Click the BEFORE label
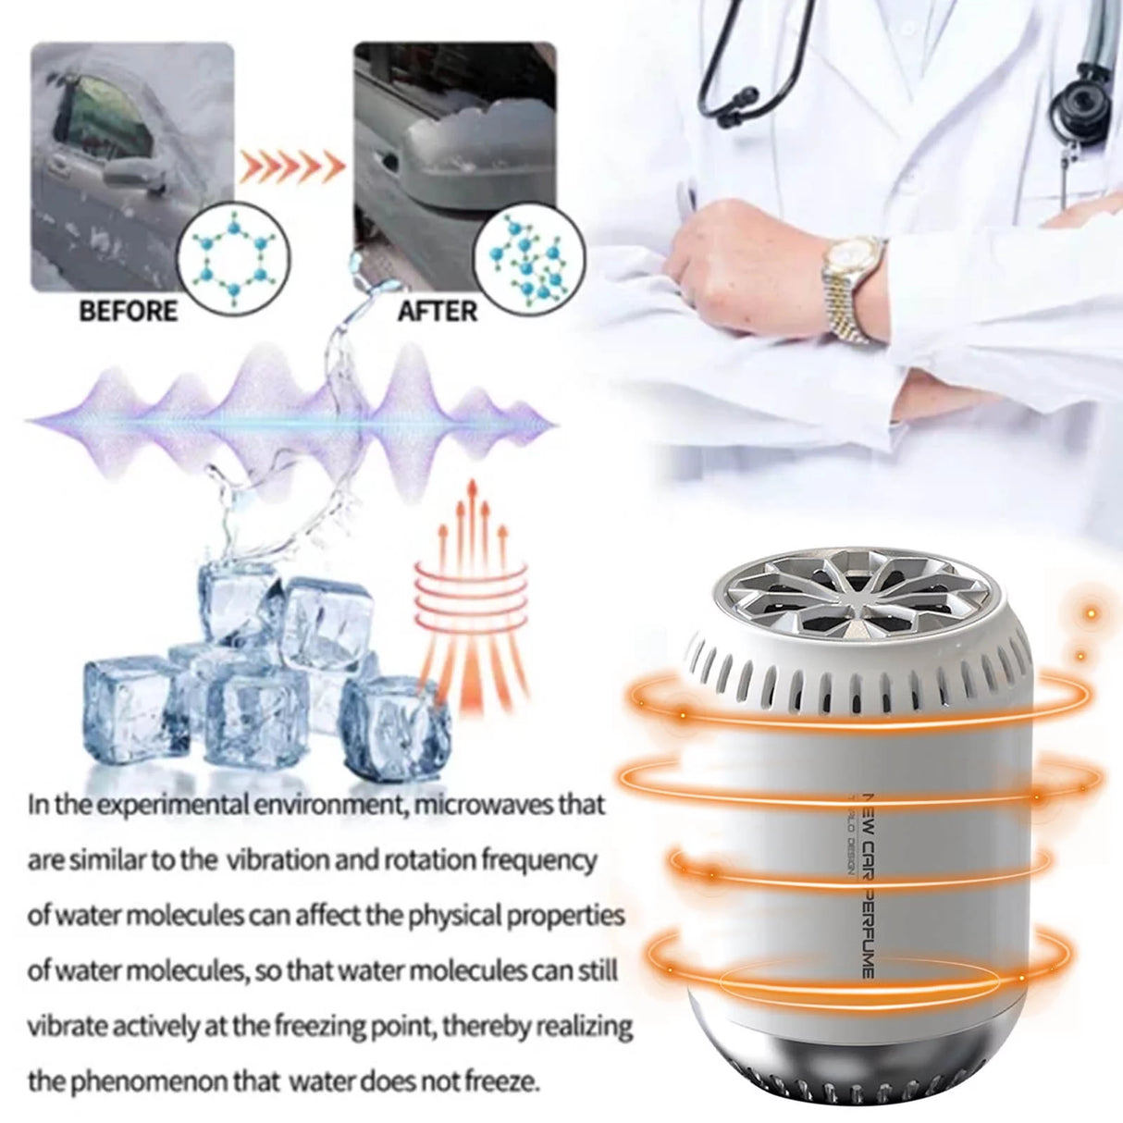click(x=128, y=310)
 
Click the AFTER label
click(x=438, y=310)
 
